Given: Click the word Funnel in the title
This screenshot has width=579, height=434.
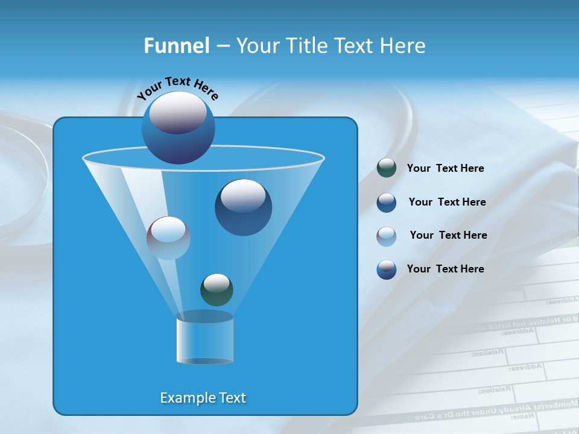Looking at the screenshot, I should click(x=177, y=46).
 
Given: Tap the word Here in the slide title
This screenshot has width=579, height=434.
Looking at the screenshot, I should click(x=402, y=46).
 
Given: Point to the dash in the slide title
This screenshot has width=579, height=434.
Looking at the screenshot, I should click(x=223, y=46).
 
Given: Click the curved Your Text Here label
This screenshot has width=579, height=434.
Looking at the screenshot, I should click(x=177, y=89).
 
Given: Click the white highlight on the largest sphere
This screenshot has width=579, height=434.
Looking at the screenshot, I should click(x=178, y=113).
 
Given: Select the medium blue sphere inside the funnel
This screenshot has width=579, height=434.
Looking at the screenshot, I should click(x=243, y=207).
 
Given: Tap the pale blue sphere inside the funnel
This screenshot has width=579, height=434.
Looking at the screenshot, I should click(x=168, y=237).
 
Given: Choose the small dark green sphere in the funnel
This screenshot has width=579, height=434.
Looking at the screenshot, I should click(x=217, y=289).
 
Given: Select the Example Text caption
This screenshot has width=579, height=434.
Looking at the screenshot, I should click(x=203, y=398).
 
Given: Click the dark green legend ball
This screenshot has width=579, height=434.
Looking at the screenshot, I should click(x=387, y=168).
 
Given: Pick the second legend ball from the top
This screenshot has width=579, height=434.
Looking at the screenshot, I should click(x=387, y=203).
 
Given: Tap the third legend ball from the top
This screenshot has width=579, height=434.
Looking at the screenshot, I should click(x=387, y=236).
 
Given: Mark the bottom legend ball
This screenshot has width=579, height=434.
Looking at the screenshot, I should click(x=387, y=269).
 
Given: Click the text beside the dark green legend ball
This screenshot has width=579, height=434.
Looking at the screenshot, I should click(x=445, y=169).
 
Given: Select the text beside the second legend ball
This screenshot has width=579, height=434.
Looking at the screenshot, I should click(x=447, y=203).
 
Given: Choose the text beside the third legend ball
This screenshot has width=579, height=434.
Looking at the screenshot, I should click(x=448, y=236).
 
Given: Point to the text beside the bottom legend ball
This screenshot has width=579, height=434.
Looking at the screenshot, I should click(x=445, y=269).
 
